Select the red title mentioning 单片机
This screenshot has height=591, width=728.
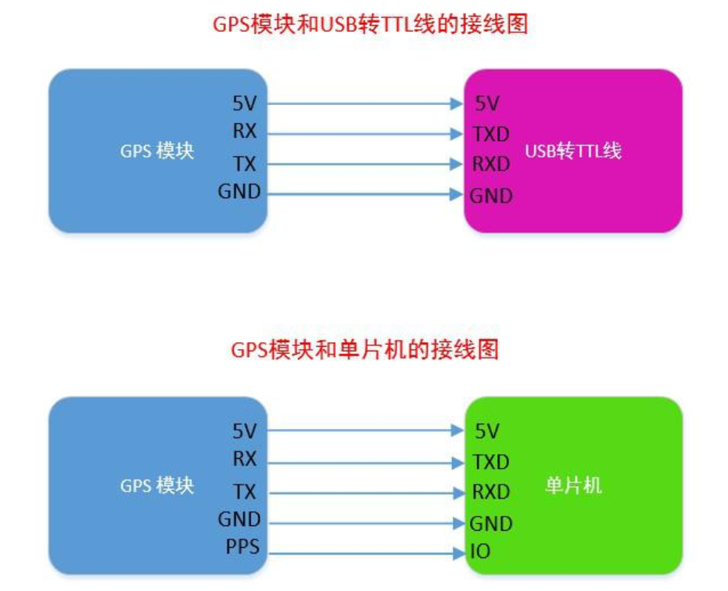[x=364, y=349]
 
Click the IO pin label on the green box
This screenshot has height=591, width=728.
[x=481, y=552]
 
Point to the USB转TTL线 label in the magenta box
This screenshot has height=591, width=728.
[x=572, y=151]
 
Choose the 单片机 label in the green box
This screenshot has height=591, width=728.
[x=573, y=485]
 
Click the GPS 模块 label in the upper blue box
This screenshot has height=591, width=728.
[x=156, y=151]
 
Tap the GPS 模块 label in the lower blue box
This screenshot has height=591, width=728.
[x=156, y=485]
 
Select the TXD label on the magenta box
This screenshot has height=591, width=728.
[x=491, y=134]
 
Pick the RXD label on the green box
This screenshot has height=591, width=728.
[x=491, y=492]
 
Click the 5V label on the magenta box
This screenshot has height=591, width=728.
[x=486, y=103]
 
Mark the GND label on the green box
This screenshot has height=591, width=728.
[x=491, y=524]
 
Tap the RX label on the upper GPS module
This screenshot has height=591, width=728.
[x=244, y=131]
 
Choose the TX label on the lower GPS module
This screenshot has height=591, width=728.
[x=244, y=492]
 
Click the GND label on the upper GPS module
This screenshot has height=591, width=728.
[x=239, y=192]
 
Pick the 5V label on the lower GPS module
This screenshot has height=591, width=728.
[x=244, y=430]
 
